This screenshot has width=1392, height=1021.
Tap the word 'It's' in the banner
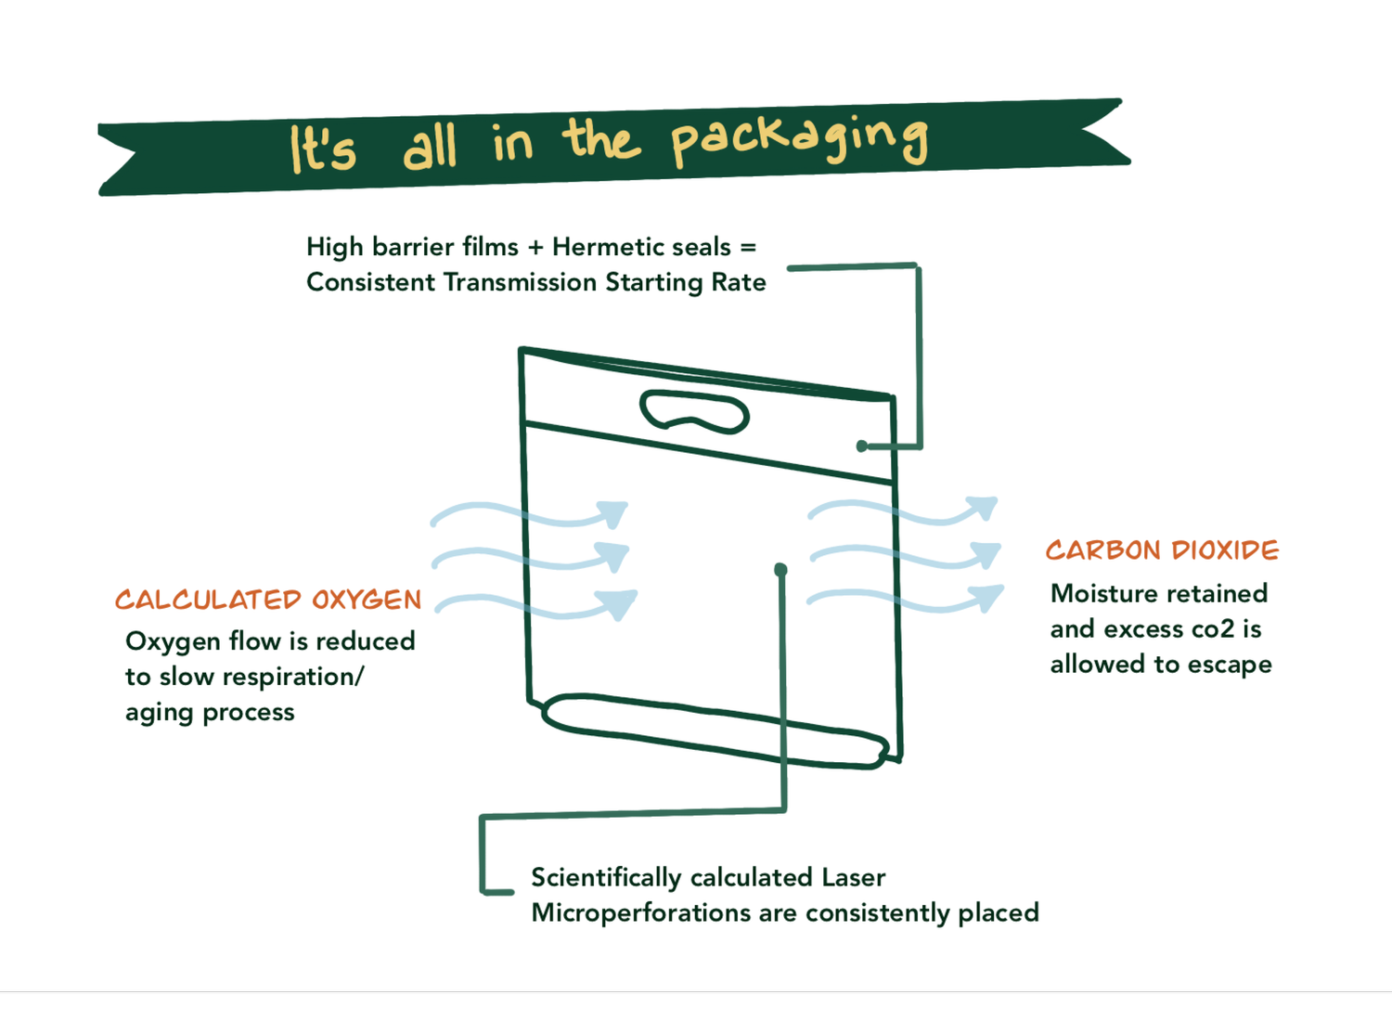tap(322, 149)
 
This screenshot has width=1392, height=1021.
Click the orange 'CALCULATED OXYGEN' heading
tap(268, 600)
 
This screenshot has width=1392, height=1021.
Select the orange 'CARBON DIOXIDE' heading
tap(1162, 550)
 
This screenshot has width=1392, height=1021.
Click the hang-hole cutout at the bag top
tap(694, 412)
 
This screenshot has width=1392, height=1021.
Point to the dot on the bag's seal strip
tap(862, 446)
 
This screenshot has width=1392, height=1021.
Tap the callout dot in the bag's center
tap(780, 569)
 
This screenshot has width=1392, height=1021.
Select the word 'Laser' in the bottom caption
tap(854, 877)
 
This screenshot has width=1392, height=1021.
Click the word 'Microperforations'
tap(640, 913)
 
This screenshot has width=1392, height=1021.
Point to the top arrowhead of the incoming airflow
tap(612, 512)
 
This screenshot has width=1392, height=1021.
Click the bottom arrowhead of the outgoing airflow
tap(987, 597)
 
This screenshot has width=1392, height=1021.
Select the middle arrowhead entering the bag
tap(613, 556)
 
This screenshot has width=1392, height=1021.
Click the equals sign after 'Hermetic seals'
tap(748, 248)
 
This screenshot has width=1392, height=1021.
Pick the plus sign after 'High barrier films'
tap(535, 248)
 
